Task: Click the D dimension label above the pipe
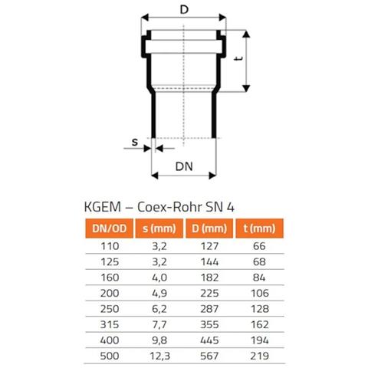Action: [184, 10]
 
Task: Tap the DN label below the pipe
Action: [184, 166]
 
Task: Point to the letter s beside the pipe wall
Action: [135, 142]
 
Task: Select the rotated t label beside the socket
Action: [238, 58]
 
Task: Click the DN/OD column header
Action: [110, 228]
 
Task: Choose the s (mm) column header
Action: [159, 228]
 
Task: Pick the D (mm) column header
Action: [209, 228]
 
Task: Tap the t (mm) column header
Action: [259, 228]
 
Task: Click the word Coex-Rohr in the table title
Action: [169, 207]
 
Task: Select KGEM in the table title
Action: [103, 207]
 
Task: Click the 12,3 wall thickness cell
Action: [160, 356]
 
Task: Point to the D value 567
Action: [209, 356]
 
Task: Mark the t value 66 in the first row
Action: [259, 246]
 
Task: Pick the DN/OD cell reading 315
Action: [110, 324]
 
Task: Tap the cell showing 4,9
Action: [159, 293]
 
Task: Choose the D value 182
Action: [209, 278]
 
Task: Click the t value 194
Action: [260, 340]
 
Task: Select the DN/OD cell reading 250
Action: [110, 309]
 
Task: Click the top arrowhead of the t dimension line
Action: [246, 34]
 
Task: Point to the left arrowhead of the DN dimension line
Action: [155, 176]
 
